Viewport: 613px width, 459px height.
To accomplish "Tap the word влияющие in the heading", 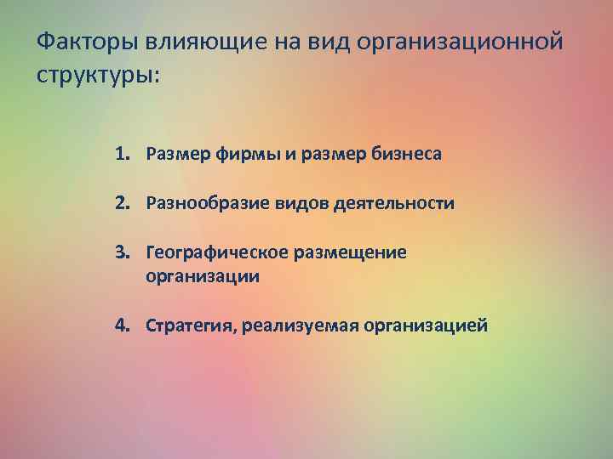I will pos(185,41).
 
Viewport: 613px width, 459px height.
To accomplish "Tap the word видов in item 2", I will pos(295,204).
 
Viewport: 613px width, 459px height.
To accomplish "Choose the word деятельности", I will pos(391,204).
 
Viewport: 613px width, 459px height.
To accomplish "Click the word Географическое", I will pos(217,252).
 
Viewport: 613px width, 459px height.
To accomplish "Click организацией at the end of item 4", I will pos(426,326).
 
